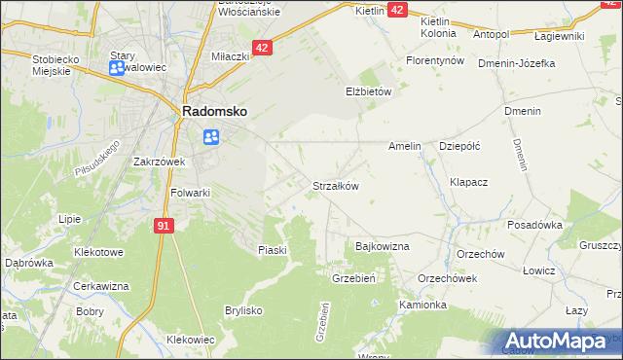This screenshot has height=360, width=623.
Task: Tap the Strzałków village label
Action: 336,186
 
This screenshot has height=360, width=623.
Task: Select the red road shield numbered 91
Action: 164,226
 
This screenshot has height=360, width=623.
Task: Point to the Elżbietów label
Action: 368,91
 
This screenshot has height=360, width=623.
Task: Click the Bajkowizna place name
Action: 383,247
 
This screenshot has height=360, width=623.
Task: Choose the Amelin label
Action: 404,147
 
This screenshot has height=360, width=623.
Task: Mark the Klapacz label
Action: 468,182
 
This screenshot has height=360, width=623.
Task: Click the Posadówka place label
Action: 535,225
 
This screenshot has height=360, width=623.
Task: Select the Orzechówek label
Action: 447,277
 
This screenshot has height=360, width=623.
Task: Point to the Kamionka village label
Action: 422,305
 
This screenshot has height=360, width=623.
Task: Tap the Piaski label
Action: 273,250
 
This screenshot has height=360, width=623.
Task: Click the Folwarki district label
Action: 191,193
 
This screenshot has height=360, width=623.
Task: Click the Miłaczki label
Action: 233,57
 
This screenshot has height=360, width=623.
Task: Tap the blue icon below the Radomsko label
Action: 210,137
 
